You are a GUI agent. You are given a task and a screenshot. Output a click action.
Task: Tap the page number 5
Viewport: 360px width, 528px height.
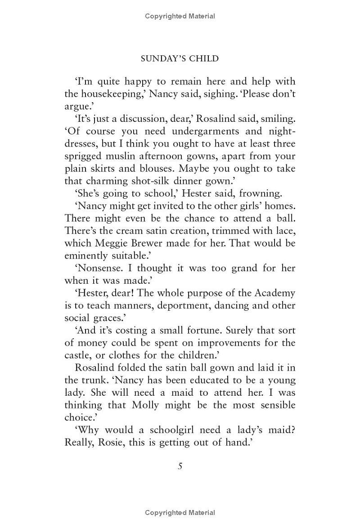tap(180, 466)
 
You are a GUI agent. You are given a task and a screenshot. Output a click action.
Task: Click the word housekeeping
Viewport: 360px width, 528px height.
tap(112, 94)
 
